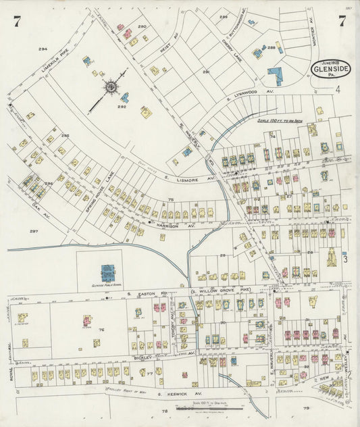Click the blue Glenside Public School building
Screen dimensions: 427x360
(107, 273)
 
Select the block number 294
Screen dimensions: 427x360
(43, 49)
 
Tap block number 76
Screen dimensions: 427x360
(101, 330)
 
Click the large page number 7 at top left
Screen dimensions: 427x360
(15, 22)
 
